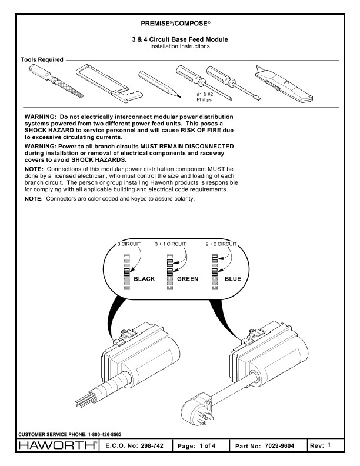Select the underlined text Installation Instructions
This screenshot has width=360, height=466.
pyautogui.click(x=179, y=46)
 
